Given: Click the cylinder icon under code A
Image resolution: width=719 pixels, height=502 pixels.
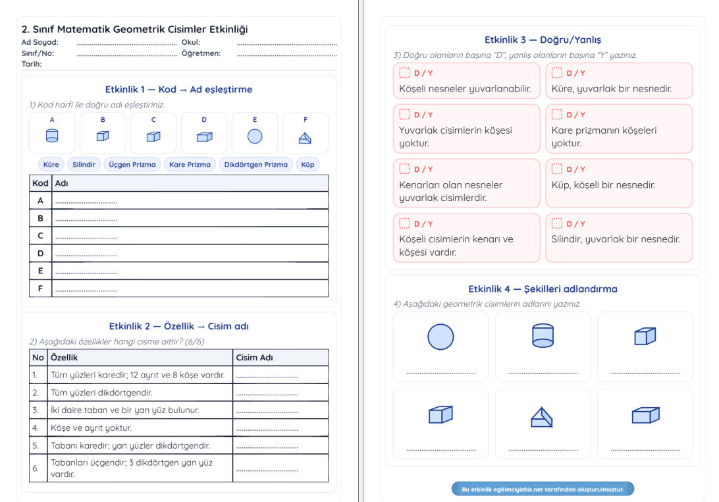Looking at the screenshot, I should click(52, 136).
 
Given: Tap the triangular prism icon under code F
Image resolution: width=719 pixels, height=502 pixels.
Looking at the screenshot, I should click(305, 138).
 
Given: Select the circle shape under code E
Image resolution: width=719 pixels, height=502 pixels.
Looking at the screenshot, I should click(255, 136).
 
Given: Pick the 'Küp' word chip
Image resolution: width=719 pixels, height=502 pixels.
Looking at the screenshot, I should click(307, 165).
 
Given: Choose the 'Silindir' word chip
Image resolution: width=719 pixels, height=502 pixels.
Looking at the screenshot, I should click(84, 165).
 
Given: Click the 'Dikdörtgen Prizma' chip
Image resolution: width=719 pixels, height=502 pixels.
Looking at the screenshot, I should click(255, 165).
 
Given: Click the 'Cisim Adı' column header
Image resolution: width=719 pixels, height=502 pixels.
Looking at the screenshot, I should click(254, 357).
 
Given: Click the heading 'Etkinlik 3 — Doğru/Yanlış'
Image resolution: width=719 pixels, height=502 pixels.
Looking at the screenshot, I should click(543, 40).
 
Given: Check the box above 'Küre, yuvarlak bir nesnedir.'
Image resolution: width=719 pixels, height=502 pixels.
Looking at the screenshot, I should click(557, 72).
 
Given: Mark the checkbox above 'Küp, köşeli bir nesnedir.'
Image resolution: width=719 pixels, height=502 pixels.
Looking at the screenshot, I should click(557, 169).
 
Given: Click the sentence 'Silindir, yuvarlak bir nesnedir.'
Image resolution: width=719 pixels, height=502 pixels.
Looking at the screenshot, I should click(616, 239).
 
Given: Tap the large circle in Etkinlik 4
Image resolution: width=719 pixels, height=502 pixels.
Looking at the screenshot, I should click(440, 337).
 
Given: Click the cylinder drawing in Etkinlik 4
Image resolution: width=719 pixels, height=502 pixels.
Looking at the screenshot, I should click(543, 335).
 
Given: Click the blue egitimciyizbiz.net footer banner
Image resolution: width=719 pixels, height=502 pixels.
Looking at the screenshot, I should click(543, 489).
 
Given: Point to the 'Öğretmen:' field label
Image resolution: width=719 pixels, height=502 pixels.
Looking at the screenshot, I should click(201, 53).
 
